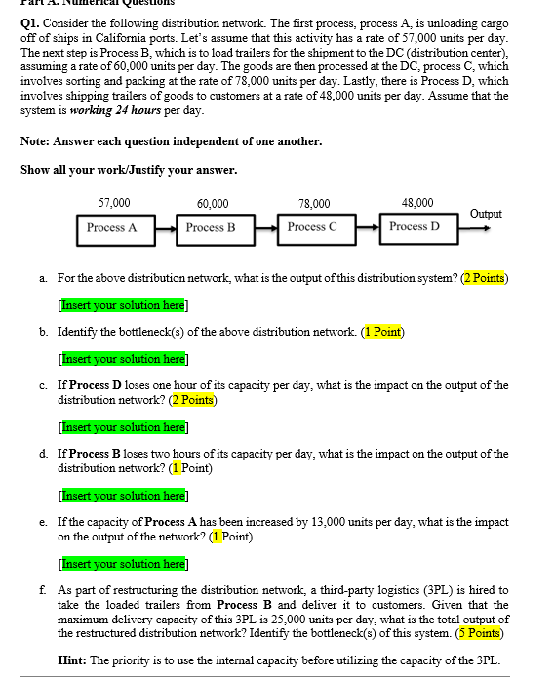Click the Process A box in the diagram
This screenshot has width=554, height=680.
pos(111,228)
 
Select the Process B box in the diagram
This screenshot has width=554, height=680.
pos(211,228)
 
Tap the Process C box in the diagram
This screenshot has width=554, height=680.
pos(312,228)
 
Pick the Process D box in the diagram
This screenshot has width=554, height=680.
pos(414,228)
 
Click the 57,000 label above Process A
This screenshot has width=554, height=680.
pos(115,203)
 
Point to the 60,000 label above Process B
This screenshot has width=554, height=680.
pos(213,204)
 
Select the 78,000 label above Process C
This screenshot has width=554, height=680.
pos(314,204)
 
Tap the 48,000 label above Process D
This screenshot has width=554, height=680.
pos(417,203)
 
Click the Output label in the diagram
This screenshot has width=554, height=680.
pos(486,213)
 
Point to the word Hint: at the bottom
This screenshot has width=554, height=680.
pos(74,660)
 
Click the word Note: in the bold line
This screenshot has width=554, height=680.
pos(36,141)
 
